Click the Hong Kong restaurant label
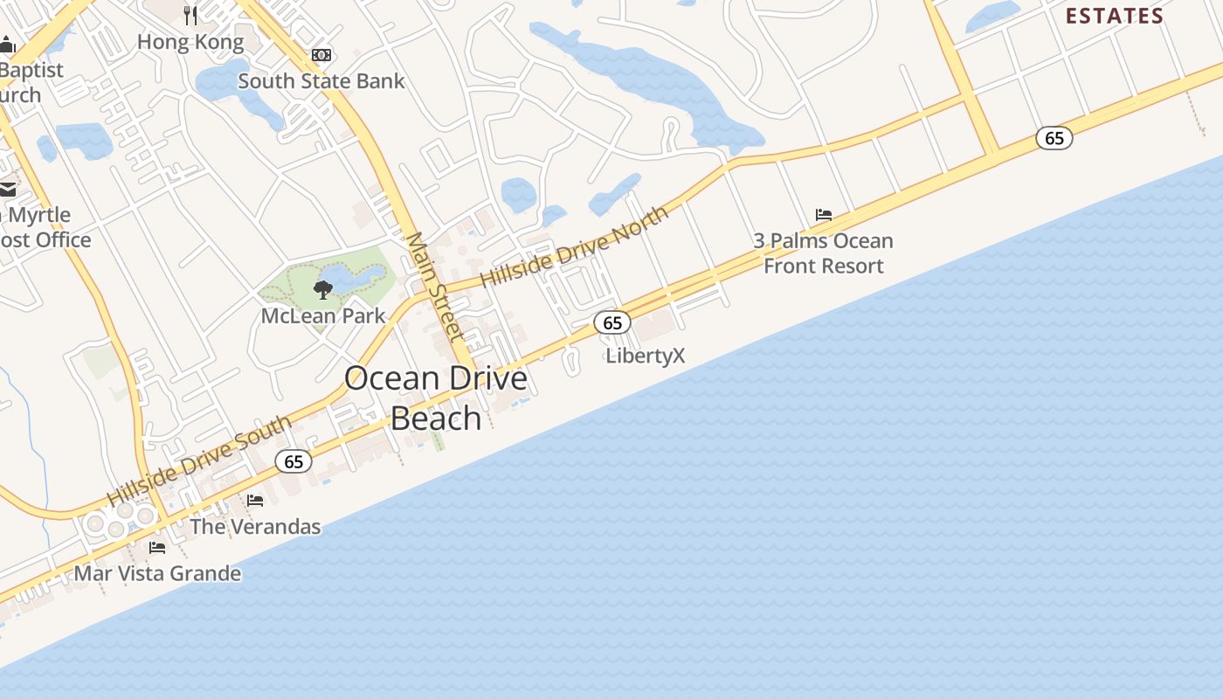click(x=190, y=42)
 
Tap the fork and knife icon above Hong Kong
click(x=191, y=15)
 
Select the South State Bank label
click(x=321, y=81)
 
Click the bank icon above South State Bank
click(x=321, y=55)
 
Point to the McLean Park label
click(x=323, y=315)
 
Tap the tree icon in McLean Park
click(x=323, y=290)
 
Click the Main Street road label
click(x=434, y=286)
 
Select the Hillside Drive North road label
click(x=574, y=246)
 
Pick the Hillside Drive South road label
click(x=199, y=460)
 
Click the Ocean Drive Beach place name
click(x=436, y=398)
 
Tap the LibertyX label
click(x=646, y=356)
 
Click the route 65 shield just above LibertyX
click(x=612, y=323)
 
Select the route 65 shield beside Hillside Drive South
click(x=294, y=461)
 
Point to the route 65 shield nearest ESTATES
click(x=1054, y=138)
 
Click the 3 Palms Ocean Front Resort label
click(x=824, y=253)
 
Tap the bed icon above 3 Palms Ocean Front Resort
click(x=823, y=214)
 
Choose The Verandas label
click(x=255, y=527)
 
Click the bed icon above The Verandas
click(x=255, y=501)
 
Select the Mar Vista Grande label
click(x=157, y=574)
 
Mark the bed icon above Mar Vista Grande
click(x=157, y=548)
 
